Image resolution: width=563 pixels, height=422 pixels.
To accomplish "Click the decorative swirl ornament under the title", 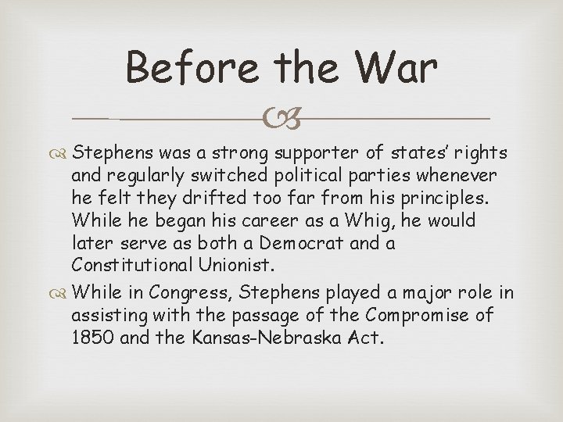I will point(281,119).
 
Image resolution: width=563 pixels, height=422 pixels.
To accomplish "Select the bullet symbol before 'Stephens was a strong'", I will point(63,152).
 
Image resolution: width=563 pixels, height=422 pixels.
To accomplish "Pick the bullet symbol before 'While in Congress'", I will point(63,293).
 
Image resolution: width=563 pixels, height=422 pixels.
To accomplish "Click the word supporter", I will point(310,152).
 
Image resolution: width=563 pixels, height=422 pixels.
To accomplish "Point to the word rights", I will point(479,152).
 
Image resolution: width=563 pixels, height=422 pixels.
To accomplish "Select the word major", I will point(426,293).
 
